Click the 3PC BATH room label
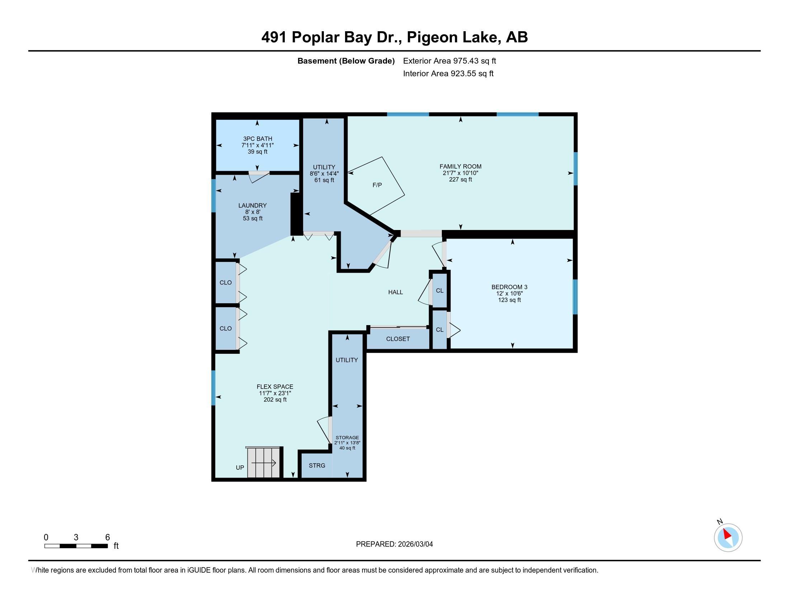pyautogui.click(x=258, y=139)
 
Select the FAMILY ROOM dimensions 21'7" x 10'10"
pyautogui.click(x=460, y=173)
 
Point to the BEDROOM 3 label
pyautogui.click(x=509, y=287)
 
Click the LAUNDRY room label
pyautogui.click(x=252, y=206)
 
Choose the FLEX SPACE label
pyautogui.click(x=275, y=387)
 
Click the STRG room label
pyautogui.click(x=317, y=465)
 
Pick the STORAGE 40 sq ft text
pyautogui.click(x=347, y=448)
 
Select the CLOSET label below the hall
pyautogui.click(x=398, y=339)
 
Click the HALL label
pyautogui.click(x=396, y=292)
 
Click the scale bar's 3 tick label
pyautogui.click(x=76, y=538)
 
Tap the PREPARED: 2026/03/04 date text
pyautogui.click(x=394, y=544)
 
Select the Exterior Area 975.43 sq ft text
pyautogui.click(x=449, y=61)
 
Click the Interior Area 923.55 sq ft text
pyautogui.click(x=448, y=74)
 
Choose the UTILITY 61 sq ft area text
pyautogui.click(x=324, y=180)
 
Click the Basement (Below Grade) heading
pyautogui.click(x=346, y=61)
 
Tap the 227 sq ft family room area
pyautogui.click(x=460, y=180)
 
